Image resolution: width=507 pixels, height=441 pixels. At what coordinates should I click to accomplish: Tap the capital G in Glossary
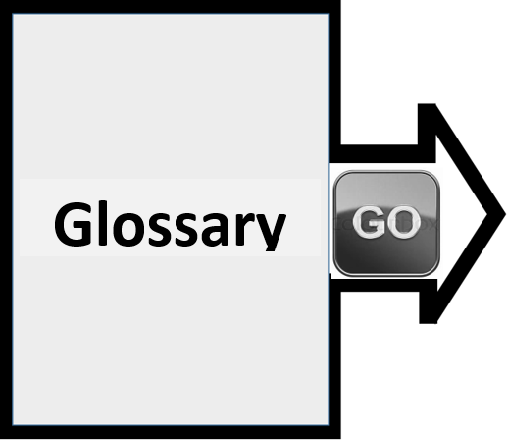tap(73, 224)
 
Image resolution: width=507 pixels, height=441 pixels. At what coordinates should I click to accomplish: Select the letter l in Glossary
tap(103, 222)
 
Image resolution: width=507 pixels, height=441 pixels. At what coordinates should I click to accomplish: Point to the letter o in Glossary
tap(128, 228)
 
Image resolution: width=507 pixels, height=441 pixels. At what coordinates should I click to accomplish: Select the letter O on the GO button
tap(404, 222)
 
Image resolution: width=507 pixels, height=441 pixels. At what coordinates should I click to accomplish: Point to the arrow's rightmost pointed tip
tap(505, 215)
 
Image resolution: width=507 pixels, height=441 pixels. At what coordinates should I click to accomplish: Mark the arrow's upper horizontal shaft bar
tap(382, 153)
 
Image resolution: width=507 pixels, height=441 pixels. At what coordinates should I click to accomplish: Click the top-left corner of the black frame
tap(1, 1)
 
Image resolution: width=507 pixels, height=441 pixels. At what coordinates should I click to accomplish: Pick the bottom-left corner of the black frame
tap(1, 438)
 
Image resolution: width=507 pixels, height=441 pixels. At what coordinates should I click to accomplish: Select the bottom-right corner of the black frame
tap(340, 438)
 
